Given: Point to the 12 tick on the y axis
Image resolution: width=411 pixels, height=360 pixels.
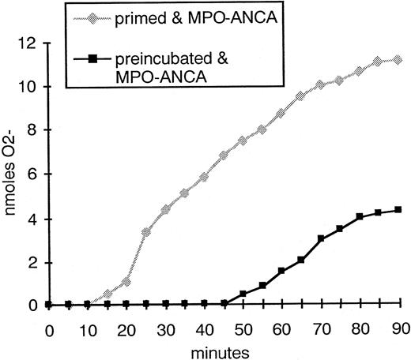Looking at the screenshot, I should pos(29,43).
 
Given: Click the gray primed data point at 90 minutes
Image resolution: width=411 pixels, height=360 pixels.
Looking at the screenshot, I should pos(397,59).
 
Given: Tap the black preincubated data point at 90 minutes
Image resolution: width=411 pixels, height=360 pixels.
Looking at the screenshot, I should pos(397,210).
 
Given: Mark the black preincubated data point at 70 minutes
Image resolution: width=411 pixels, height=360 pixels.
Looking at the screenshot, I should pos(320,238).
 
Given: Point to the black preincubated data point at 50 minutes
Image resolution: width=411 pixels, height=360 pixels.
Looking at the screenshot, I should pos(243,294).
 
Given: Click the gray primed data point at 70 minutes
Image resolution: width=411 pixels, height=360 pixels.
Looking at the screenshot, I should pos(320,84).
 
